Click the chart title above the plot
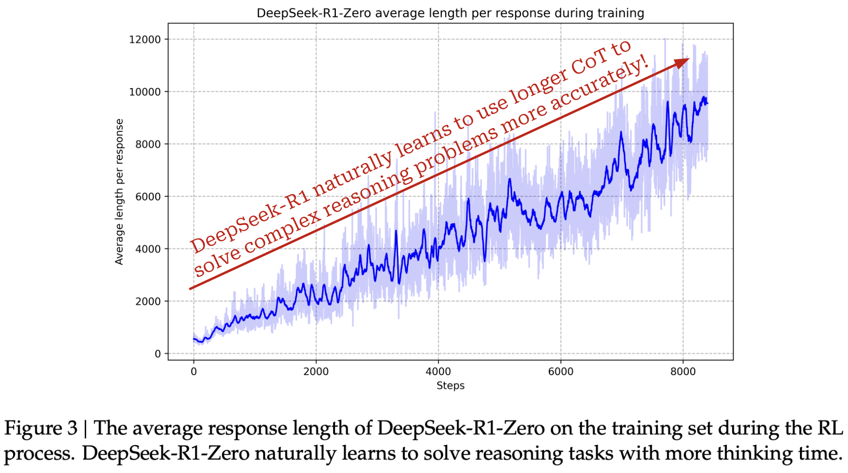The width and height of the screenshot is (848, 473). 450,13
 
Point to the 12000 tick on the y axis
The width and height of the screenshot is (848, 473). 145,40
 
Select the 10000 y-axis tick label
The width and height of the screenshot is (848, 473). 145,92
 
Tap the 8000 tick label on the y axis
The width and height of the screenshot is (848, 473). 148,144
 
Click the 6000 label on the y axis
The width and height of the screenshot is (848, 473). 148,196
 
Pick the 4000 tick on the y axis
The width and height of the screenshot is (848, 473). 148,249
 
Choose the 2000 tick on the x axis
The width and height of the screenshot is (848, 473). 316,371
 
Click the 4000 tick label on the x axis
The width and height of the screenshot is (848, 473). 438,371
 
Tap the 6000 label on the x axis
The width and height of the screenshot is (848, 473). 561,371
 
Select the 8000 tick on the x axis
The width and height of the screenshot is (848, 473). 683,371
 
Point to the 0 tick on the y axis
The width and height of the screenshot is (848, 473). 157,353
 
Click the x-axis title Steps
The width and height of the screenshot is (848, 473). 450,385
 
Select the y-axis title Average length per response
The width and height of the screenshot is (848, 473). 119,192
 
